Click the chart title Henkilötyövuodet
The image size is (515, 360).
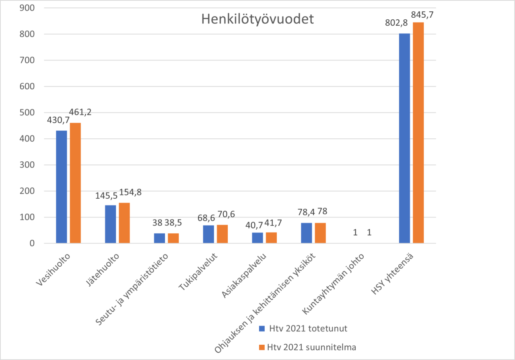(257, 20)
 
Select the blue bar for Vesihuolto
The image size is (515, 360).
(62, 187)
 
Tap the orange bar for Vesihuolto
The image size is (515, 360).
(75, 183)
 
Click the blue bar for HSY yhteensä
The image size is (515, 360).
(404, 138)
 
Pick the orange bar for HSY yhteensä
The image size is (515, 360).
(418, 133)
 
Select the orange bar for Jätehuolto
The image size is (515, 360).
(124, 223)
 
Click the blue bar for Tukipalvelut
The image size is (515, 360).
(208, 234)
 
